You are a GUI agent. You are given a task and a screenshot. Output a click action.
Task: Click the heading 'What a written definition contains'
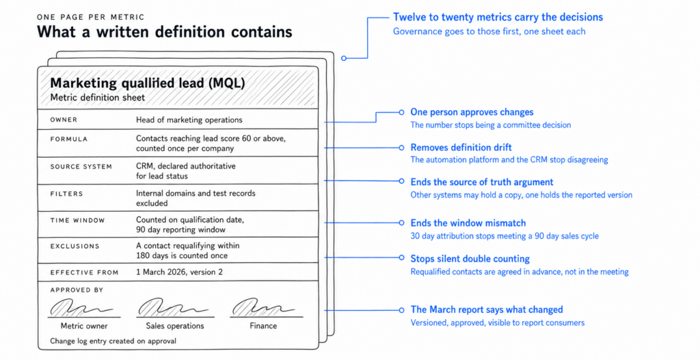(164, 31)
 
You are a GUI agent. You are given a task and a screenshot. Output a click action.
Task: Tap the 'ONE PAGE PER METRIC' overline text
(91, 17)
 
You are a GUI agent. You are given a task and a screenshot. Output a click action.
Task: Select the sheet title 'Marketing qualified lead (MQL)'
(148, 83)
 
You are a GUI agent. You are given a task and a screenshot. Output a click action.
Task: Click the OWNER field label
(64, 120)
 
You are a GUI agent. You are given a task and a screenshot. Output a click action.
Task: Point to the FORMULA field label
(69, 139)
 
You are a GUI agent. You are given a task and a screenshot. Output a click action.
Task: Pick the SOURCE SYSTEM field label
(81, 167)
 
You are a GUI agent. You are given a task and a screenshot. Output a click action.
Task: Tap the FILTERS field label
(66, 193)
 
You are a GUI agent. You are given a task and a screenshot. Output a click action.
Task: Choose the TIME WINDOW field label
(77, 220)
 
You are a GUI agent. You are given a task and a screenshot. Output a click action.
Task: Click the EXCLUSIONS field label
(75, 246)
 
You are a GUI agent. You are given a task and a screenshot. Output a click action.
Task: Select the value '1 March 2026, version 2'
(179, 272)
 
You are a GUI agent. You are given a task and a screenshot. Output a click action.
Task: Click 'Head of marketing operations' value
(189, 120)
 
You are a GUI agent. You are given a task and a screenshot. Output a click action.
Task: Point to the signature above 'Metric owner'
(81, 308)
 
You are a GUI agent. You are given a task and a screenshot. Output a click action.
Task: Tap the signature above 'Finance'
(263, 308)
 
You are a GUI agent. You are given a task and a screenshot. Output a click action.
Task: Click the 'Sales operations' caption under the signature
(175, 326)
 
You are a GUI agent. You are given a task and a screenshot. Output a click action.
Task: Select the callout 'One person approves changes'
(472, 112)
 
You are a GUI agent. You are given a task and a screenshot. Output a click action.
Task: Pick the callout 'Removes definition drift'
(461, 148)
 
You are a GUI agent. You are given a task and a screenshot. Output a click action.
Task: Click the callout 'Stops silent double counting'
(470, 259)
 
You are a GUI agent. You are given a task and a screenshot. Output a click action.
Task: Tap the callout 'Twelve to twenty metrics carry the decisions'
(498, 17)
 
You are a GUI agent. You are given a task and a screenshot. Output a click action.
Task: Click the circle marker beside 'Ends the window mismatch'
(401, 223)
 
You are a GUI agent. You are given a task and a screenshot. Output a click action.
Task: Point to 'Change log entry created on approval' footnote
(113, 342)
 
